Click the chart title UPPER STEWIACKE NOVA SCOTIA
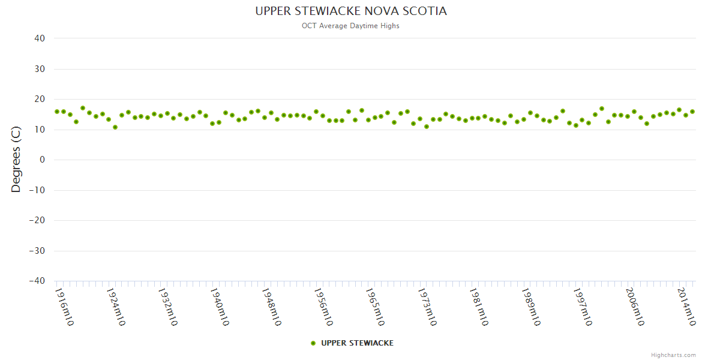351,11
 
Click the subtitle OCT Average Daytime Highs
351,26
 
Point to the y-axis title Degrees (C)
16,160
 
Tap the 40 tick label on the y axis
40,38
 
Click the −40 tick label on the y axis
37,281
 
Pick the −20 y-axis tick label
37,220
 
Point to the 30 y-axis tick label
40,69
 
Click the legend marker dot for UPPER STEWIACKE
313,343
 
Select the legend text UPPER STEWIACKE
358,343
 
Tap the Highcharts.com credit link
673,355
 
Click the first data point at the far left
57,112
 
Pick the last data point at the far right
692,112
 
